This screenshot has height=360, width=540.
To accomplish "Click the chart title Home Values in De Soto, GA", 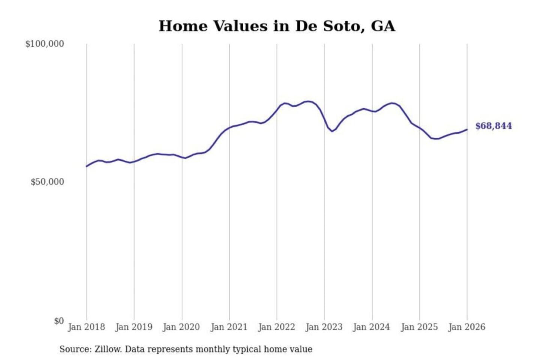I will coord(277,26).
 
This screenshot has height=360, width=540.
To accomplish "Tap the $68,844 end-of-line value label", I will coord(493,126).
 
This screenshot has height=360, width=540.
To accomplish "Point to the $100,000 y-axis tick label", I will coord(45,44).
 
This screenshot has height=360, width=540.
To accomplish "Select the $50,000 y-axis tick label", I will coord(47,182).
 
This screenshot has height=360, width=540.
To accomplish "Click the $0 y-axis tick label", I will coord(59,321).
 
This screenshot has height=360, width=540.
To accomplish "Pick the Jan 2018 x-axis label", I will coord(86,327).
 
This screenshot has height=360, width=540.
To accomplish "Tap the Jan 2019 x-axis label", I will coord(134,327).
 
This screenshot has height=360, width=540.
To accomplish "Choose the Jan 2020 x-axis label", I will coord(181,327).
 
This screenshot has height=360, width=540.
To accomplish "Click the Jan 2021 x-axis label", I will coord(229,327).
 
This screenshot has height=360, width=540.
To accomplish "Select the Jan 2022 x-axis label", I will coord(277,327).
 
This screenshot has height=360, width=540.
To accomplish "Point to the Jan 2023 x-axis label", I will coord(324,327).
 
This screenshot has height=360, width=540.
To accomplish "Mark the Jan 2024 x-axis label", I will coord(372,327).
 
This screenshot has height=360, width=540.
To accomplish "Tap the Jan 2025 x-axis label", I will coord(419,327).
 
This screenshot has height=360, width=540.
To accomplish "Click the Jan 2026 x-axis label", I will coord(467,327).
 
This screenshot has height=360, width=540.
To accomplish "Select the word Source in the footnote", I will coord(75,349).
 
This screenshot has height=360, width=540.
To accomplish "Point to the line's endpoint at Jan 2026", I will coord(467,129).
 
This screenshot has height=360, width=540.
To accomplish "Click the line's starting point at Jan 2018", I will coord(87,166).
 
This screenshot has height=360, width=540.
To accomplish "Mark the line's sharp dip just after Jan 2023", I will coord(331,131).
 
